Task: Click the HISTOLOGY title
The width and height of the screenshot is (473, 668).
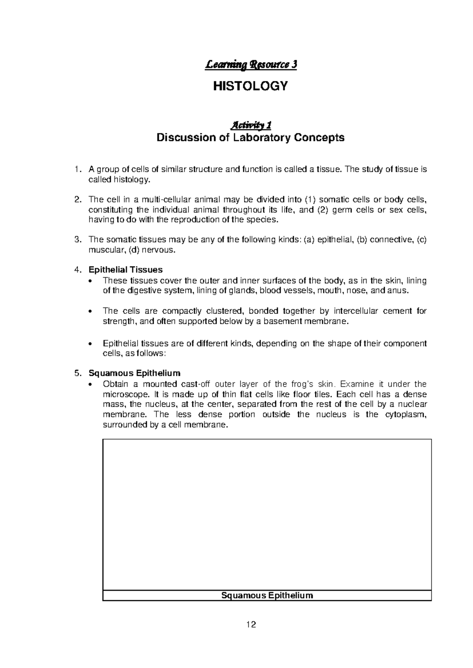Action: pos(250,86)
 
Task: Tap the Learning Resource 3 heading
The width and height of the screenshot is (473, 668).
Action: pos(250,65)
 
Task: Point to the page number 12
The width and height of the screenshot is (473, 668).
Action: pos(251,624)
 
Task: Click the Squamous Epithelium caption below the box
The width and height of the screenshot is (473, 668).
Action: pos(267,596)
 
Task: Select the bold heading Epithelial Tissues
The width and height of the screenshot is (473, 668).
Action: pos(125,270)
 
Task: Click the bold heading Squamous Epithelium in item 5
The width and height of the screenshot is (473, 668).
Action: pos(134,373)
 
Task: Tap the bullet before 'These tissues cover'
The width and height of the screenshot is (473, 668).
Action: pos(91,281)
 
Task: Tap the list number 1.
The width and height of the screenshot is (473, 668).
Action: pos(77,170)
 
